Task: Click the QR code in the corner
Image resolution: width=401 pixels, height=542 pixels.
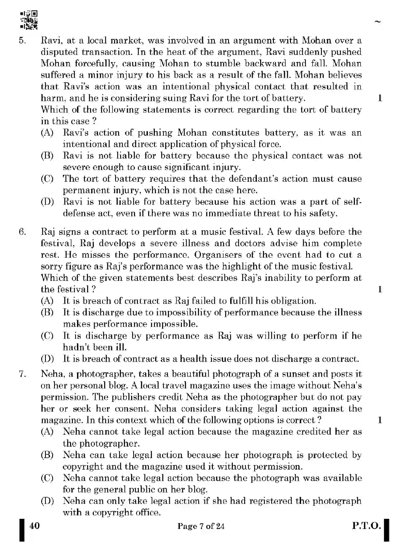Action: click(29, 20)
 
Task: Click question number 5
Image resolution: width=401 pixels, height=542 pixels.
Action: click(22, 41)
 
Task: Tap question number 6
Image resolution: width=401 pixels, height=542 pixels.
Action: click(22, 232)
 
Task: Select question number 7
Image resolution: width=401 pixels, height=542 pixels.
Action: click(22, 374)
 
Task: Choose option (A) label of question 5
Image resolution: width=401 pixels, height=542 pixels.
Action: click(47, 133)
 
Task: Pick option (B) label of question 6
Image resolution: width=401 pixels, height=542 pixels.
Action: click(47, 312)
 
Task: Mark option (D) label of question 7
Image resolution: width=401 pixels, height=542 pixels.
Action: click(47, 501)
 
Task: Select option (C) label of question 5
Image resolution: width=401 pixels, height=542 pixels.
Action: click(47, 179)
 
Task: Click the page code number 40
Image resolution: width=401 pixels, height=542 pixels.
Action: click(35, 526)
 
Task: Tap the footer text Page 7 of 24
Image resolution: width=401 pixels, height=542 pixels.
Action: click(201, 526)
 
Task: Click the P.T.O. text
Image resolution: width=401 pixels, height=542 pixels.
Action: click(367, 526)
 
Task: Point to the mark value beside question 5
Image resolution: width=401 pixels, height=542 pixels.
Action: click(380, 98)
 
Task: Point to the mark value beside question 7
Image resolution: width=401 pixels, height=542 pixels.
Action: click(380, 420)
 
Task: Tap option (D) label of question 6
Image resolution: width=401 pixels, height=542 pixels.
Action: click(47, 359)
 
